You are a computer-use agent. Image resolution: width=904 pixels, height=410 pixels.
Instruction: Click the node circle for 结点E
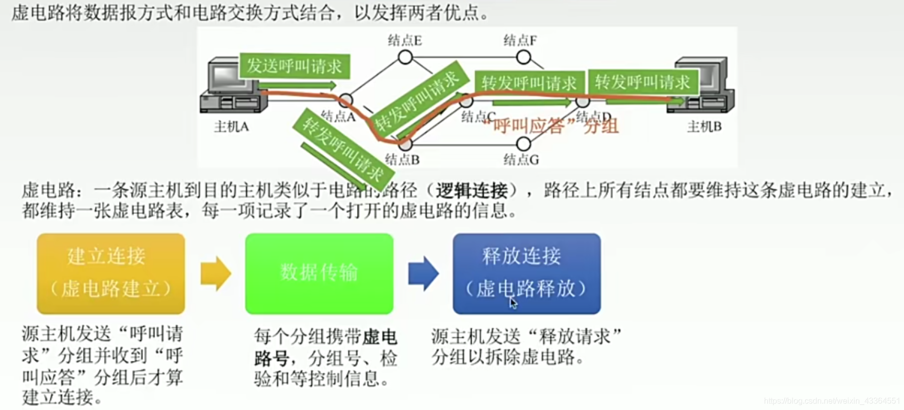tap(405, 58)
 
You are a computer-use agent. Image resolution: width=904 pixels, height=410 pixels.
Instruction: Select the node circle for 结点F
tap(524, 58)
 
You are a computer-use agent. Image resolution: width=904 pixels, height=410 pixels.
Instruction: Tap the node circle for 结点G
tap(524, 144)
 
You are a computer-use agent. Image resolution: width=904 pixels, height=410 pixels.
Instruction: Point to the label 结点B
tap(402, 160)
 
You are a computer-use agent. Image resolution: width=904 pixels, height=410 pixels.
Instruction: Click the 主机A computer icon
tap(232, 86)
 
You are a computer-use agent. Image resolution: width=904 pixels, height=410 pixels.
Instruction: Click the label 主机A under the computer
tap(231, 127)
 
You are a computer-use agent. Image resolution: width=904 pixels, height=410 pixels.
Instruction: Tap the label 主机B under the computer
tap(704, 127)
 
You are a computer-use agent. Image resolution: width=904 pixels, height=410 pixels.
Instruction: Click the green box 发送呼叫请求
tap(295, 66)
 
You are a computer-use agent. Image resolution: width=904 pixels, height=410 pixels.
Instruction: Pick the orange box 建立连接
tap(111, 273)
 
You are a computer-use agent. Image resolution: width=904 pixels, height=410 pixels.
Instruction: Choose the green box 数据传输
tap(319, 273)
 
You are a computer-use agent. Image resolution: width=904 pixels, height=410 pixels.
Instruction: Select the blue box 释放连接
tap(527, 273)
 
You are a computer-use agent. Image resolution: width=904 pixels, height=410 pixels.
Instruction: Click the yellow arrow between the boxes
tap(216, 273)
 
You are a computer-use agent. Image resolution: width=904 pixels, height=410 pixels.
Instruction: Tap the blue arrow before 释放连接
tap(423, 273)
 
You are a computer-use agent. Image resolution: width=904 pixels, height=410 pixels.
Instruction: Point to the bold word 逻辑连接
tap(471, 191)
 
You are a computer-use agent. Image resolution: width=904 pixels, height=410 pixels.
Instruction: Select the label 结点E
tap(405, 40)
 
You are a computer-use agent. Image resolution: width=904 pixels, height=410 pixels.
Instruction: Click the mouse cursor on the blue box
tap(513, 302)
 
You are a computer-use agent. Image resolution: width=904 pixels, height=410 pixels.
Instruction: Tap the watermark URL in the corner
tap(832, 400)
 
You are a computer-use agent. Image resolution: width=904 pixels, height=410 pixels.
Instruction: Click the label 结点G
tap(521, 160)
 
